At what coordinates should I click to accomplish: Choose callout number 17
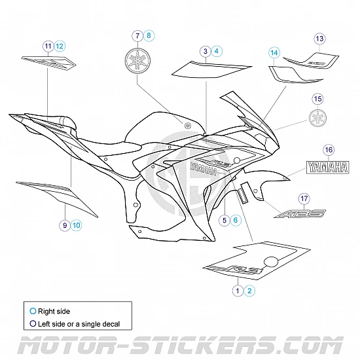click(302, 198)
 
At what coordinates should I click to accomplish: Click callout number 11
click(48, 45)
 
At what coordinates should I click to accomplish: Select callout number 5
click(224, 221)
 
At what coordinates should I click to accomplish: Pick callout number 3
click(206, 50)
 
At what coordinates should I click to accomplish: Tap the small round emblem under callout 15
click(317, 118)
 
